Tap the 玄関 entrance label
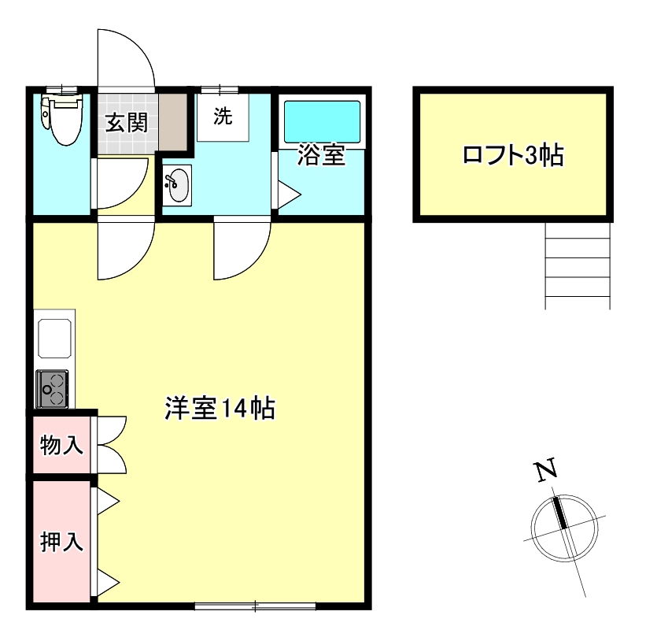tap(127, 123)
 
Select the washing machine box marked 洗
tap(223, 117)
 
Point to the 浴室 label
tap(321, 157)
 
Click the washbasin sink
tap(178, 186)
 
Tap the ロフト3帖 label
tap(512, 155)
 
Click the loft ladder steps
tap(578, 265)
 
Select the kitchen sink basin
tap(55, 339)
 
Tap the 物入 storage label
tap(61, 446)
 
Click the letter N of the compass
tap(546, 470)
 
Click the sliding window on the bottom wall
tap(255, 606)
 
